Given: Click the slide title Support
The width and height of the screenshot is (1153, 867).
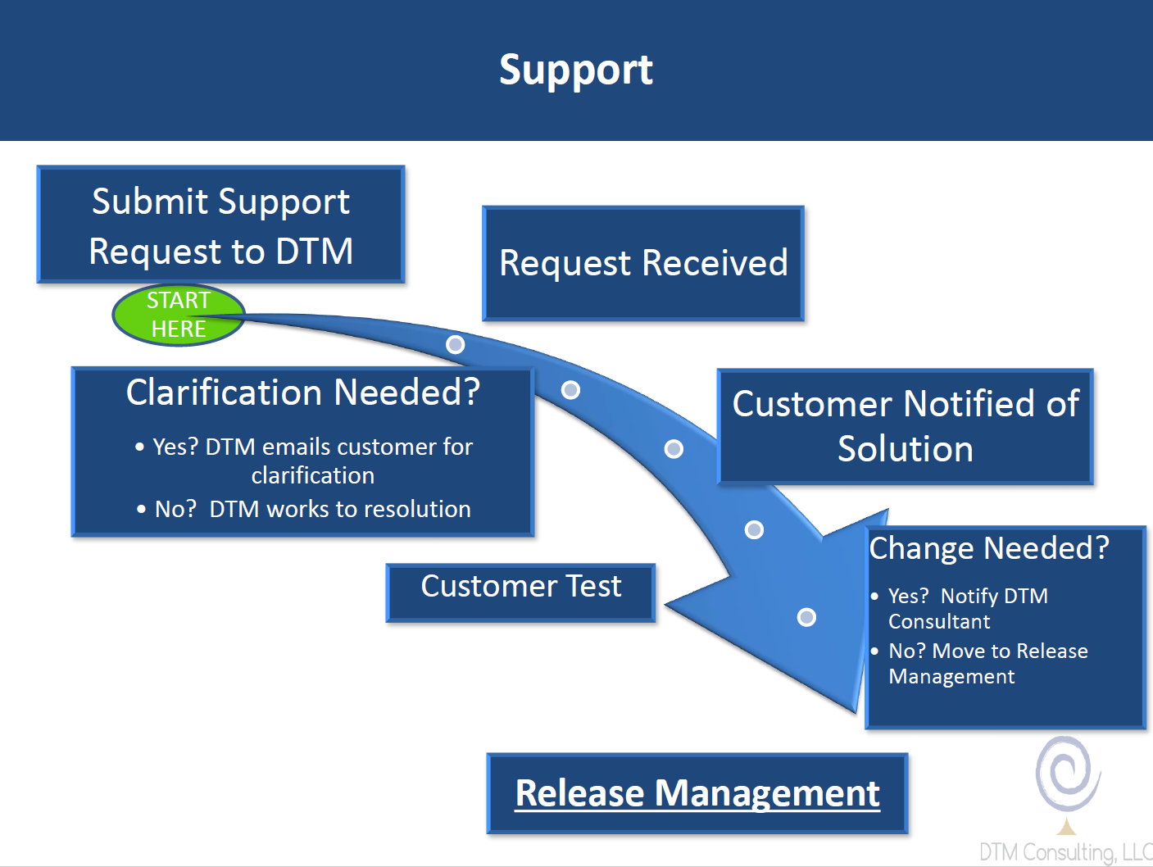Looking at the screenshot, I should point(576,70).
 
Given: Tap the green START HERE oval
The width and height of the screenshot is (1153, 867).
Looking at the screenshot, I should point(179,315).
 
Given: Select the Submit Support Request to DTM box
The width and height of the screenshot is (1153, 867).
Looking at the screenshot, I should point(220,225).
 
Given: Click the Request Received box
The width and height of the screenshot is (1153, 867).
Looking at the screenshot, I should point(643,263).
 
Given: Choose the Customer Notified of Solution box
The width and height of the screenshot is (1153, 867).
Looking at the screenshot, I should point(905,426).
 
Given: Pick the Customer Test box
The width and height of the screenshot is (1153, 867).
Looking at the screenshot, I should point(520,592).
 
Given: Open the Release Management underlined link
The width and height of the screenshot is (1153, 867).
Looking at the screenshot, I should point(697,793).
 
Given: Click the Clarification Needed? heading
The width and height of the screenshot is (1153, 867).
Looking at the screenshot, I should point(302,393).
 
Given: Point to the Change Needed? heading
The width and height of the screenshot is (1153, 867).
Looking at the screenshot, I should point(989,548).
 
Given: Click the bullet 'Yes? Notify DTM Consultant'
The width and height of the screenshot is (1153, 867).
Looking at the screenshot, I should point(967,608).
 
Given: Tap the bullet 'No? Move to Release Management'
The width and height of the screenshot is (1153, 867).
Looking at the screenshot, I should point(987,663).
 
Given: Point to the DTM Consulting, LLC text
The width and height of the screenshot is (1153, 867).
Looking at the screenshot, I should point(1065,852).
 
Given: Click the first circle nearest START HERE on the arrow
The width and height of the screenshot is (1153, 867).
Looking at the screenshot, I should point(455,344).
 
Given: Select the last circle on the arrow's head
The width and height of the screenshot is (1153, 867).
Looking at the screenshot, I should point(806,617).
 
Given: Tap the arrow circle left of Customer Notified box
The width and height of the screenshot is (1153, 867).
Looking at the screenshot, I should point(674,448).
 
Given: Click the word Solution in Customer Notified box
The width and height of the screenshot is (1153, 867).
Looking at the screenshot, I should point(905,449).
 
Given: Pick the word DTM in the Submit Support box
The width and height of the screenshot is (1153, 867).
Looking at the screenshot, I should point(314,251).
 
